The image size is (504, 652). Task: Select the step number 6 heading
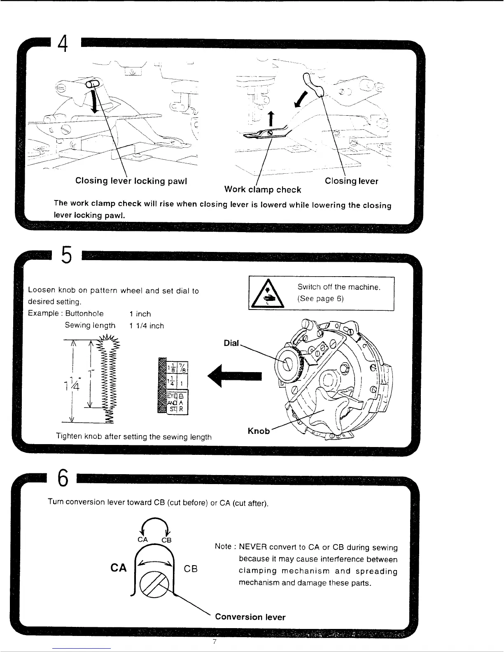click(x=63, y=479)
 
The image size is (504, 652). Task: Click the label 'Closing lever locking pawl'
click(x=131, y=181)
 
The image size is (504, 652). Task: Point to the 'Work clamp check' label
click(x=262, y=190)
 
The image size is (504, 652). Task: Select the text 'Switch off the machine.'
click(x=338, y=287)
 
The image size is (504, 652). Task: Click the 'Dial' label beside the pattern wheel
click(x=231, y=343)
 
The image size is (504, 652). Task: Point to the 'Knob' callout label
click(x=258, y=431)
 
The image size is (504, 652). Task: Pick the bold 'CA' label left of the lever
click(x=119, y=568)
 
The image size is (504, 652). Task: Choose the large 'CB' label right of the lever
click(x=191, y=568)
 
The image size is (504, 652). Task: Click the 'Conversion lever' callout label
click(x=250, y=617)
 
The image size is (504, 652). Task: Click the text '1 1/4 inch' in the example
click(x=146, y=326)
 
